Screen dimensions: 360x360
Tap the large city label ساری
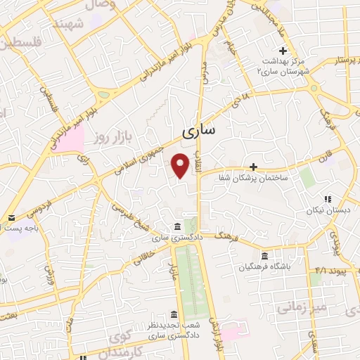coord(199,131)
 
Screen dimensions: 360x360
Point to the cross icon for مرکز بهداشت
coord(283,51)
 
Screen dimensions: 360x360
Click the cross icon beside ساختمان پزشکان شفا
coord(253,167)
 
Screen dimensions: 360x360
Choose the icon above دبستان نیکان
coord(327,199)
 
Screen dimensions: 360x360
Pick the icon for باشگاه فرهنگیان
coord(264,256)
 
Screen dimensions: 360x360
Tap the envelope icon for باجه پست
coord(11,218)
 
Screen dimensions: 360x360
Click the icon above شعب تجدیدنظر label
coord(174,314)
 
